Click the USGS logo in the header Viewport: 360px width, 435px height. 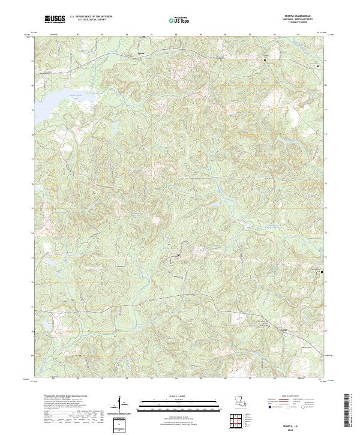55,19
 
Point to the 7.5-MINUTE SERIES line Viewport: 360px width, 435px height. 301,25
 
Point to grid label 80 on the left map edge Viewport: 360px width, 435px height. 33,85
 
